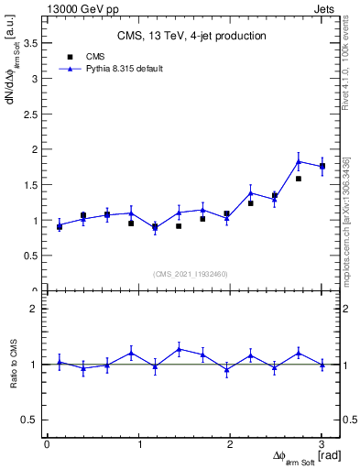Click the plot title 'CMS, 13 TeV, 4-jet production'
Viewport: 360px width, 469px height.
pos(191,36)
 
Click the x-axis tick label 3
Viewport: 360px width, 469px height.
pos(322,444)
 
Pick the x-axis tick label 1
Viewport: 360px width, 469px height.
pos(138,444)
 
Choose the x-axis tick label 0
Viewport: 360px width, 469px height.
pos(47,444)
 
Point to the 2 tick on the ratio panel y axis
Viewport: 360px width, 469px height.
pos(33,309)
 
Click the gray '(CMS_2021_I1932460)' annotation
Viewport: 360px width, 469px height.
pos(191,274)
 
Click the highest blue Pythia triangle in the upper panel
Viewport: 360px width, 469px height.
pos(299,161)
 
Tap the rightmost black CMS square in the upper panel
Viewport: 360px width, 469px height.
pos(322,167)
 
